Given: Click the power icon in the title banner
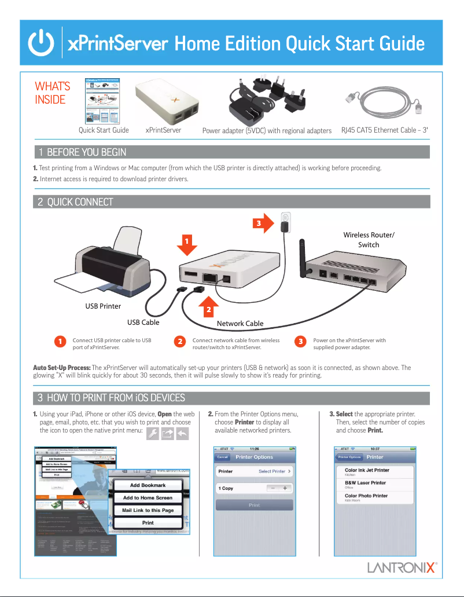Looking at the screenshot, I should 42,43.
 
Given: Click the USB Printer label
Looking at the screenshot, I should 103,306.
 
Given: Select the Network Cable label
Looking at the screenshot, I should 240,324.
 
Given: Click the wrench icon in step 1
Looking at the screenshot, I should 153,434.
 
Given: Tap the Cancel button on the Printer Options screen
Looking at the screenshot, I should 223,457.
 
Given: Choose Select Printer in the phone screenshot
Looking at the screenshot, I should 274,471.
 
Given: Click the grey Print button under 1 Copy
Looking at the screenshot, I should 254,505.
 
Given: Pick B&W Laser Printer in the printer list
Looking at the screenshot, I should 365,482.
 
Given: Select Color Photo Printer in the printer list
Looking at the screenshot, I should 366,496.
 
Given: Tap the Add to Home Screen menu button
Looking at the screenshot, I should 148,497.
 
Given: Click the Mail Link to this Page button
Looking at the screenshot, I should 148,510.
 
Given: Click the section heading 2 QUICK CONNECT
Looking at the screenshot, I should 75,202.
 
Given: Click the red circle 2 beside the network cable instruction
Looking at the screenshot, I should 181,342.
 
